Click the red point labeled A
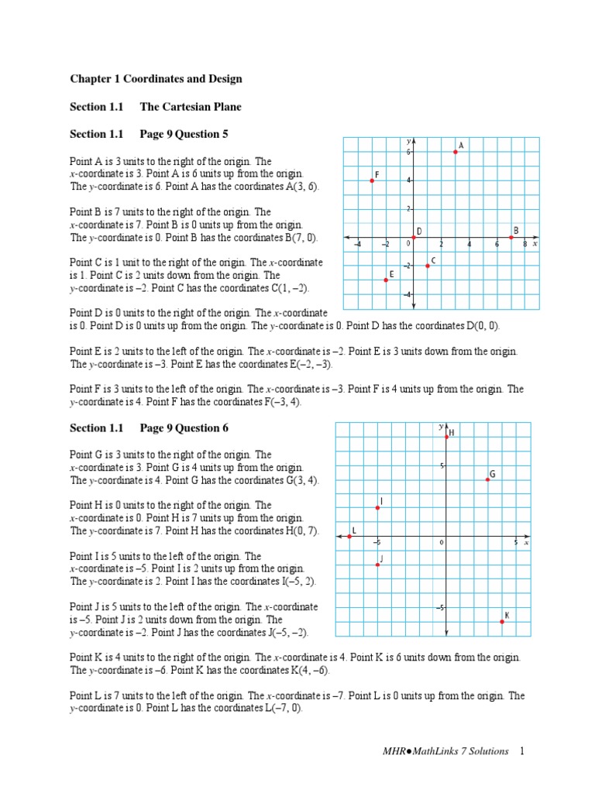[456, 152]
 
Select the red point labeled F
[372, 180]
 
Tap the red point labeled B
[511, 237]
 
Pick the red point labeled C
[428, 266]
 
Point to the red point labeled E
[386, 280]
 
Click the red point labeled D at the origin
[414, 237]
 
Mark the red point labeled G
[488, 479]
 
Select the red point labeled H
[446, 437]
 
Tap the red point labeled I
[377, 507]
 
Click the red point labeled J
[377, 565]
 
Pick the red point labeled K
[502, 621]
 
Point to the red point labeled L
[349, 536]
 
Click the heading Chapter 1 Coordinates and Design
[156, 79]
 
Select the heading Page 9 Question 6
[184, 428]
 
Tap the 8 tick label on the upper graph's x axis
[524, 245]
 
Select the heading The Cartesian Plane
[191, 106]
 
